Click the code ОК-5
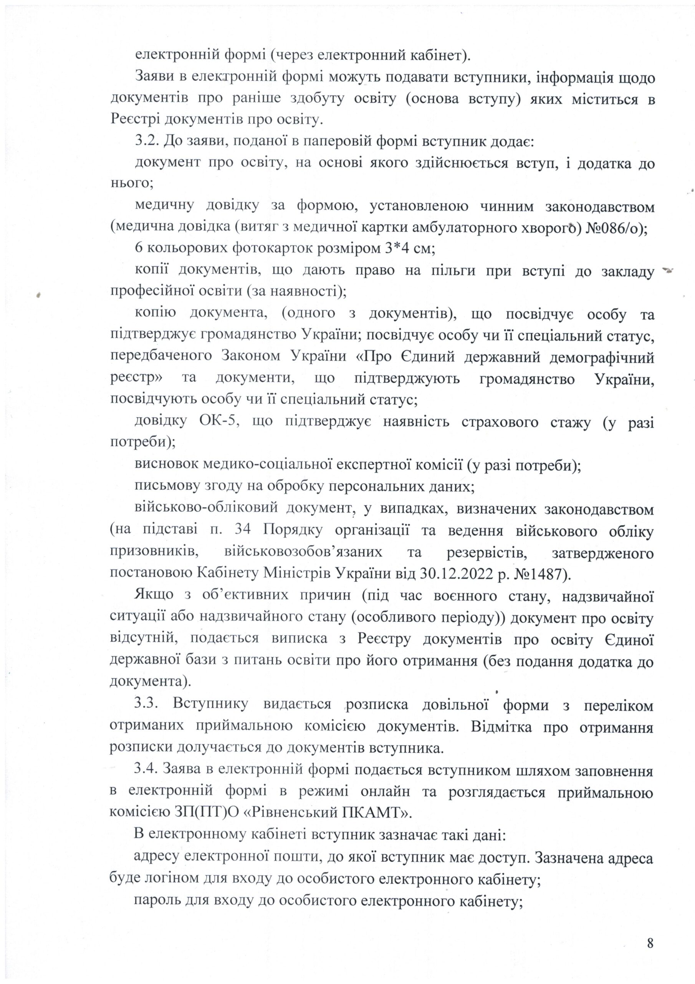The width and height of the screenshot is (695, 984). pyautogui.click(x=217, y=422)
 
